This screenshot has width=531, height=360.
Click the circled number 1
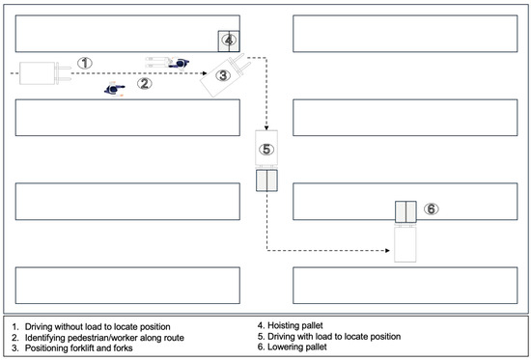(x=85, y=63)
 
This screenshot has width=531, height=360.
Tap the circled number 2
(x=144, y=83)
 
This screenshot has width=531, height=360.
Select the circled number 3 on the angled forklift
(x=223, y=75)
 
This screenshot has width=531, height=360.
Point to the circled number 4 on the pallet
(x=229, y=41)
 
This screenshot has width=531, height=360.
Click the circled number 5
(x=266, y=149)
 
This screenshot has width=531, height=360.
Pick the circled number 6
(x=432, y=209)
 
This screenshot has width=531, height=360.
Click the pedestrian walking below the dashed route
(x=115, y=89)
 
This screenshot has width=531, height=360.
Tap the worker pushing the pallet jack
(x=179, y=63)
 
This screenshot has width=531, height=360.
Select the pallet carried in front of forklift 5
(x=266, y=180)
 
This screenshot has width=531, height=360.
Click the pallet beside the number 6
(x=405, y=212)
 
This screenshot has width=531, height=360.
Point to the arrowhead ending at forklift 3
(x=205, y=73)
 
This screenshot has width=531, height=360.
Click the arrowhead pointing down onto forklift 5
(x=266, y=128)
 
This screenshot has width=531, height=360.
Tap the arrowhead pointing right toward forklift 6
(x=388, y=251)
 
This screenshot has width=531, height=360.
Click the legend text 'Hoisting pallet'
(x=295, y=325)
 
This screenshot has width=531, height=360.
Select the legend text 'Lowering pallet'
(x=297, y=347)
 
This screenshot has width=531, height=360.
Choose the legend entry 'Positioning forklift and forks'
(x=72, y=348)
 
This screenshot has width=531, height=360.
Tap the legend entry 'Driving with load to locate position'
(x=329, y=336)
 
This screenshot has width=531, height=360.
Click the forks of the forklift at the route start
(x=64, y=73)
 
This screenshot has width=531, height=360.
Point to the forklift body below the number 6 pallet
(x=405, y=244)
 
